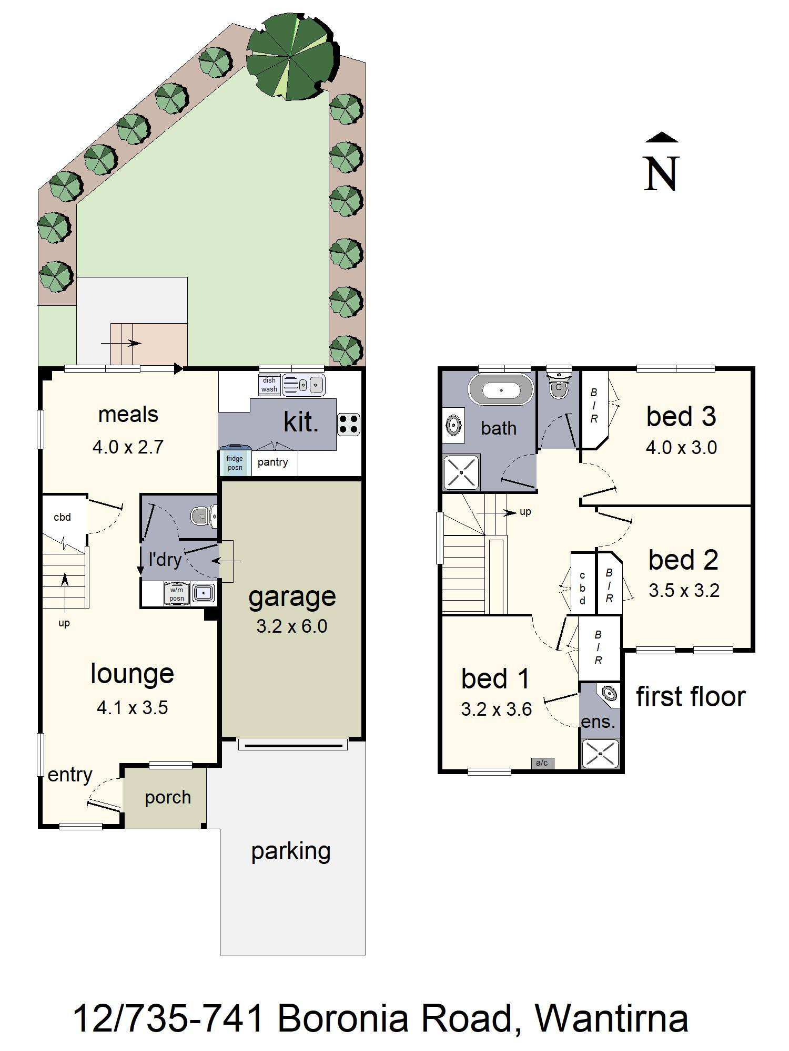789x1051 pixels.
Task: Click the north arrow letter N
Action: coord(662,174)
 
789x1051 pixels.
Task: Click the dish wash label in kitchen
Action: coord(269,385)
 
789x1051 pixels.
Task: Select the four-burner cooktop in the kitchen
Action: coord(348,425)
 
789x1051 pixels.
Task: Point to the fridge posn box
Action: coord(235,463)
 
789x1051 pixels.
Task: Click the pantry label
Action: coord(272,462)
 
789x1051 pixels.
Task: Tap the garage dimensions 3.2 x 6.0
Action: coord(292,626)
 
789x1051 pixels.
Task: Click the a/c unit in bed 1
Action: coord(542,763)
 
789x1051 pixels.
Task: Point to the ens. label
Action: coord(598,722)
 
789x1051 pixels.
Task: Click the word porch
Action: coord(168,798)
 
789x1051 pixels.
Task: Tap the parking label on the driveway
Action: coord(291,851)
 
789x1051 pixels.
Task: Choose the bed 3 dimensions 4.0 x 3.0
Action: coord(681,448)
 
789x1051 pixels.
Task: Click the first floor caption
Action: coord(691,697)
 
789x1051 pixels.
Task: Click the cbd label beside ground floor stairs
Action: coord(62,517)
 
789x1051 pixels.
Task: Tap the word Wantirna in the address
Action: coord(611,1018)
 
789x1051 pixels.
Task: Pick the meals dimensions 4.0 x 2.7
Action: coord(128,447)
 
